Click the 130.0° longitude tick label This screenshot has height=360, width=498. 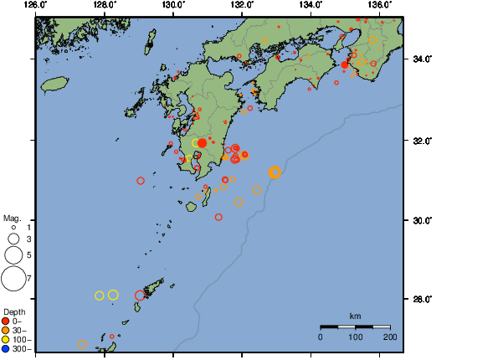tap(172, 5)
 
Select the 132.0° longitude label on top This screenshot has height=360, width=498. tap(242, 5)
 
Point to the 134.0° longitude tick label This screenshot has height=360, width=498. tap(311, 5)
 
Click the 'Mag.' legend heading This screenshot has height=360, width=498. tap(11, 217)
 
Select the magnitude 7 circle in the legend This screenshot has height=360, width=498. tap(13, 277)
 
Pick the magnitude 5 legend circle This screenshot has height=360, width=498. tap(13, 255)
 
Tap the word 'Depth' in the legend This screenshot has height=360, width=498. tap(13, 311)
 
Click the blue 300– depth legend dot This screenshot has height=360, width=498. tap(6, 348)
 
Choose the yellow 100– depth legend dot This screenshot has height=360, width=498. tap(6, 339)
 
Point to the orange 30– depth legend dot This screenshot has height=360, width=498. tap(6, 330)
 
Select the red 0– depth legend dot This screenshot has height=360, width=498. tap(6, 321)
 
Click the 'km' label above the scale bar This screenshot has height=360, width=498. tap(355, 316)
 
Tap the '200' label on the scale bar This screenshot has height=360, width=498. tap(389, 337)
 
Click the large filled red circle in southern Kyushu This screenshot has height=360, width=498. tap(202, 143)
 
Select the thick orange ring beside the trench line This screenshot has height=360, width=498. tap(275, 172)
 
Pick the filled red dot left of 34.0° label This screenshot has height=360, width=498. tap(345, 64)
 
